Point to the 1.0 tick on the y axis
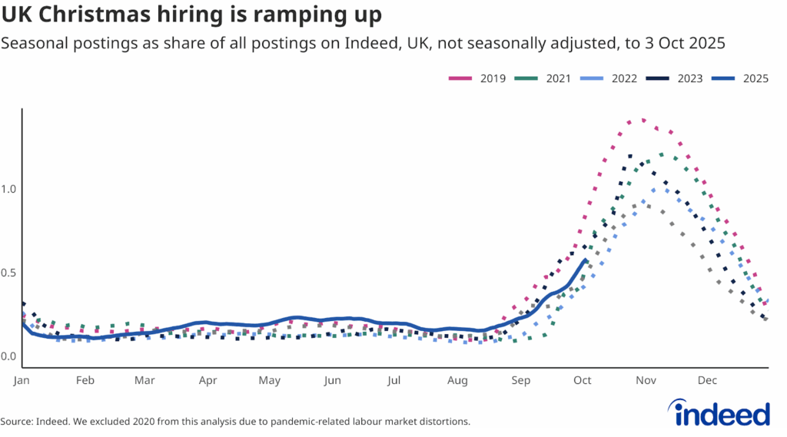pyautogui.click(x=9, y=189)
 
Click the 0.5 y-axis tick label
pyautogui.click(x=9, y=273)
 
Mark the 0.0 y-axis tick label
pyautogui.click(x=9, y=356)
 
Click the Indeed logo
pyautogui.click(x=722, y=412)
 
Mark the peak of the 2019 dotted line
pyautogui.click(x=643, y=120)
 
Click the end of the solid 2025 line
pyautogui.click(x=586, y=260)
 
